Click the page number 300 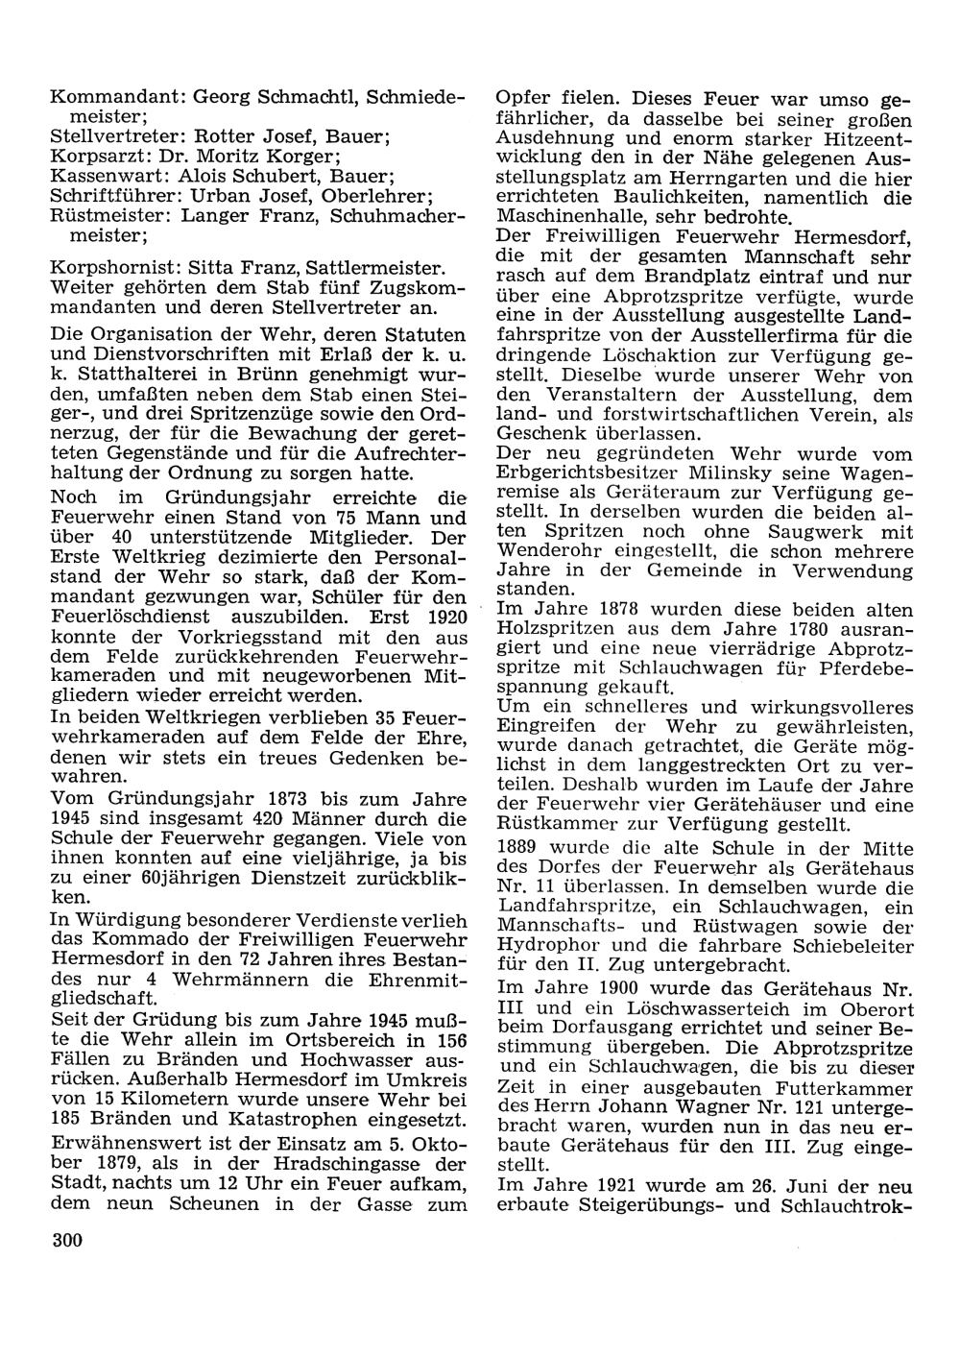[x=67, y=1241]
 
